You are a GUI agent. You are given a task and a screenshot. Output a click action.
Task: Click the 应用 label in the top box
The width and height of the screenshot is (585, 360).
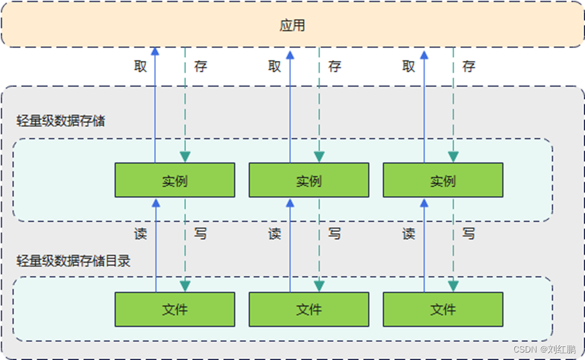click(292, 25)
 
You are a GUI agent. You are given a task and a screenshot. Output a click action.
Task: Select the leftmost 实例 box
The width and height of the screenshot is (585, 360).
click(175, 180)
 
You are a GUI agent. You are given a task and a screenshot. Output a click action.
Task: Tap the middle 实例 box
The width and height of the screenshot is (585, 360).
click(309, 180)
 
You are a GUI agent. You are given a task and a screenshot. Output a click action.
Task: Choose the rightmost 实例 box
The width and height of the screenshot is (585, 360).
click(443, 180)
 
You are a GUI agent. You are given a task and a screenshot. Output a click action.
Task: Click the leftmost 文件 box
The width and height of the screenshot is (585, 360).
click(175, 309)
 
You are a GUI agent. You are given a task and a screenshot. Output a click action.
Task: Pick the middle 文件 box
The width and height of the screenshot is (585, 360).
click(309, 309)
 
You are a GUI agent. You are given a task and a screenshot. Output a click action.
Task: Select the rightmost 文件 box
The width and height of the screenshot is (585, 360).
click(443, 309)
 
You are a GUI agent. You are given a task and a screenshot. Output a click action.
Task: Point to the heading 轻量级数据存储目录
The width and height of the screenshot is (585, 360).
click(73, 261)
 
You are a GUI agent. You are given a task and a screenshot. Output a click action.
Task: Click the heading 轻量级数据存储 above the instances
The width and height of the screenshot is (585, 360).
click(60, 120)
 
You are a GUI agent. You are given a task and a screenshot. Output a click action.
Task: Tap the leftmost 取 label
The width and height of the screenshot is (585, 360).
click(140, 66)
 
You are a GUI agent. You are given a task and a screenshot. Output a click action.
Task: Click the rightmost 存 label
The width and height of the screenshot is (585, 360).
click(469, 66)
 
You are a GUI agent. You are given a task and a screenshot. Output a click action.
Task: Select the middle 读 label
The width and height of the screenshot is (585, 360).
click(275, 234)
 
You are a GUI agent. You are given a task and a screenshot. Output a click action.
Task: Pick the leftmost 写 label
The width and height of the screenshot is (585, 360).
click(200, 234)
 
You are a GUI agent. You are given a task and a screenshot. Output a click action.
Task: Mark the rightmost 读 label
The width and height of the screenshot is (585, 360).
click(408, 234)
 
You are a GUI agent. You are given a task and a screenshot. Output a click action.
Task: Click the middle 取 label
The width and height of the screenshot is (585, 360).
click(275, 66)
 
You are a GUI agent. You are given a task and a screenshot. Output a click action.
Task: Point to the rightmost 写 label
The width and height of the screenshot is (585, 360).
click(469, 234)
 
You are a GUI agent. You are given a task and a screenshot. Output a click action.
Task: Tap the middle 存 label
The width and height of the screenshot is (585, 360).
click(334, 66)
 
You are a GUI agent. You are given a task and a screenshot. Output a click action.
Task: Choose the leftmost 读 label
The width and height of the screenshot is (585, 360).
click(140, 234)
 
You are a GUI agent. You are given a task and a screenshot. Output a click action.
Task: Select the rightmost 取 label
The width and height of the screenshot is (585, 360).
click(408, 66)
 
